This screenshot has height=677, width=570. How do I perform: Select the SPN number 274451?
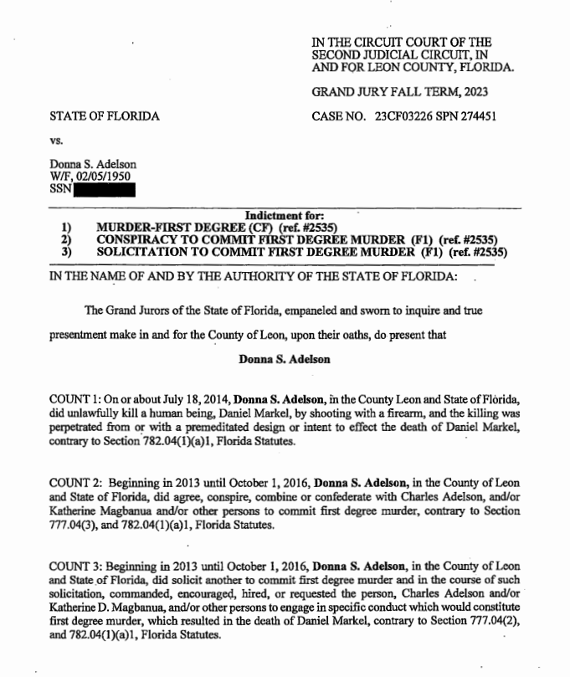(x=478, y=116)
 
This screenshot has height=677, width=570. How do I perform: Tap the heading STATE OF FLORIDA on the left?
(x=105, y=116)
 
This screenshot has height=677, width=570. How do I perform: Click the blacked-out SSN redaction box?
(x=105, y=189)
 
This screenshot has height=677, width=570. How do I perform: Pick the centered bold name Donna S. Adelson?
(x=284, y=359)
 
